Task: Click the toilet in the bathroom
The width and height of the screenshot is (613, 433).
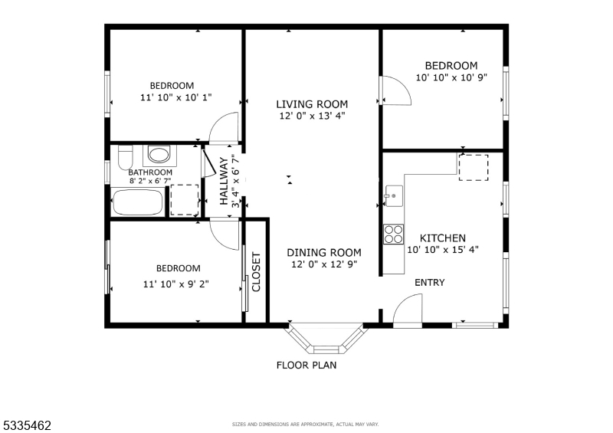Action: point(125,157)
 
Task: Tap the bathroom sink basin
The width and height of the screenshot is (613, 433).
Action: point(159,155)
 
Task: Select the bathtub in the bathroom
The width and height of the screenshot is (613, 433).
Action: point(138,202)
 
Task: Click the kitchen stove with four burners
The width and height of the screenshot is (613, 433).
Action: point(393,235)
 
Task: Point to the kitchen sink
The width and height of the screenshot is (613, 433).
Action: point(393,195)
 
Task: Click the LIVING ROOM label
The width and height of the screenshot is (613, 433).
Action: point(312,104)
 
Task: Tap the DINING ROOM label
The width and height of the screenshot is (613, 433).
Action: point(324,253)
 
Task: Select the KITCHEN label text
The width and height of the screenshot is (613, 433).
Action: point(443,238)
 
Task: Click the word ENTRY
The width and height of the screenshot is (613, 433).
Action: point(430,283)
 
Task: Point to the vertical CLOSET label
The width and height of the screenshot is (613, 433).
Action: point(256,272)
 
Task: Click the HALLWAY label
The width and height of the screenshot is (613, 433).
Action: point(224,181)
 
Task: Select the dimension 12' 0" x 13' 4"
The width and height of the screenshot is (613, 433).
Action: point(313,116)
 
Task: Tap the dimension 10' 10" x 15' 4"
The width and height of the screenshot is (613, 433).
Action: point(443,250)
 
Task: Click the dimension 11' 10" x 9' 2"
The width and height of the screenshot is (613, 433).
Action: point(176,284)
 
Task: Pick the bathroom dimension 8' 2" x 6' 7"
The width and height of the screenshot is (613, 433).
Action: point(150,181)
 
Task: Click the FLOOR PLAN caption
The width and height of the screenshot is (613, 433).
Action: point(306,366)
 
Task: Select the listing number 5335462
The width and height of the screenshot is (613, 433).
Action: point(27,425)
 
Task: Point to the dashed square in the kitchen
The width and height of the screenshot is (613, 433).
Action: point(474,167)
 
